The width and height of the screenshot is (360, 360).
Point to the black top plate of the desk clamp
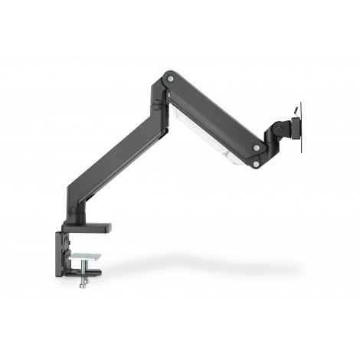point(84,228)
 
